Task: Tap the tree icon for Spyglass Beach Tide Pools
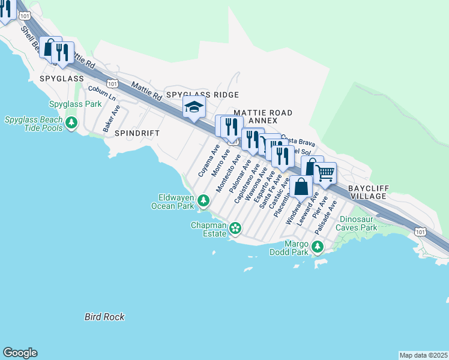click(71, 124)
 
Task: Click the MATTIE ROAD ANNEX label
click(263, 117)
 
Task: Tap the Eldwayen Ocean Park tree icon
click(204, 200)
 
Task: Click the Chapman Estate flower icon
click(235, 227)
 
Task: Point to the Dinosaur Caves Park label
click(358, 224)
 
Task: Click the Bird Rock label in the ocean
click(104, 317)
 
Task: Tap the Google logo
click(20, 353)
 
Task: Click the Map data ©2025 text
click(423, 355)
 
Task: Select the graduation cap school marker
click(194, 107)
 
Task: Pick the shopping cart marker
click(325, 173)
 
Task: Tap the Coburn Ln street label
click(101, 93)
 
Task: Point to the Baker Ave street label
click(112, 119)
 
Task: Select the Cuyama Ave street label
click(209, 160)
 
